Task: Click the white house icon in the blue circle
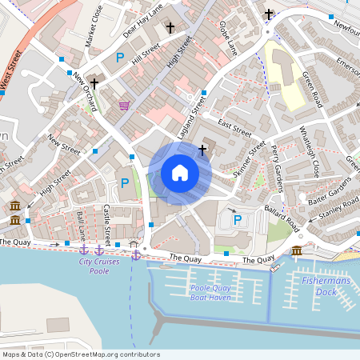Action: [x=180, y=173]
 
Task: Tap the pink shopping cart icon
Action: [x=124, y=106]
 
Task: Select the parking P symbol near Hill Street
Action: [x=120, y=58]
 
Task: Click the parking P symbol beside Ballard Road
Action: [x=237, y=219]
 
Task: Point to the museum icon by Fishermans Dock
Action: [x=297, y=252]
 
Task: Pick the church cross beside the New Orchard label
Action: [x=94, y=83]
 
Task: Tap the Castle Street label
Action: [x=107, y=224]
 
